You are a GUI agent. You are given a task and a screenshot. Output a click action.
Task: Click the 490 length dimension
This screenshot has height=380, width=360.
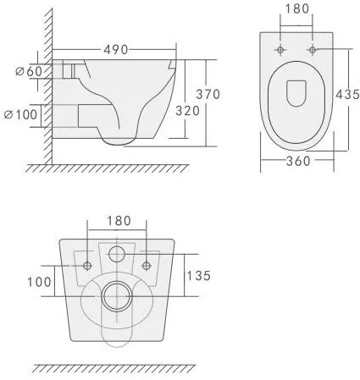(115, 50)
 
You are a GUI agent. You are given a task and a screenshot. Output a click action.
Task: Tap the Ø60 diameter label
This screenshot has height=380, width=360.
(29, 71)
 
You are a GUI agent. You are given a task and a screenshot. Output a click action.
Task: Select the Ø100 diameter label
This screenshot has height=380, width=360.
(21, 114)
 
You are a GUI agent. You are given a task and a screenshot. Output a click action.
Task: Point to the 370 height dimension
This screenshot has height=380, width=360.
(208, 94)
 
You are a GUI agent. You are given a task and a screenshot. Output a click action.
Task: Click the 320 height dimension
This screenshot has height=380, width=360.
(187, 111)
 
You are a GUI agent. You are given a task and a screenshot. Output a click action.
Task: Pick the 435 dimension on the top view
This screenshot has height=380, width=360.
(347, 94)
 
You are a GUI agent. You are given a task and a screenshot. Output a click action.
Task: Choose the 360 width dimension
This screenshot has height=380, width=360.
(298, 161)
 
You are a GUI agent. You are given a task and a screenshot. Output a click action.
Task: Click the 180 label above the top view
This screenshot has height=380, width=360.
(296, 8)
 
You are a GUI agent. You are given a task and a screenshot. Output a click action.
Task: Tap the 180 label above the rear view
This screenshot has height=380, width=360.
(119, 221)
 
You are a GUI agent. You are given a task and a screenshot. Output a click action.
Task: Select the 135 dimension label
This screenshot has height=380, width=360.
(199, 276)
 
